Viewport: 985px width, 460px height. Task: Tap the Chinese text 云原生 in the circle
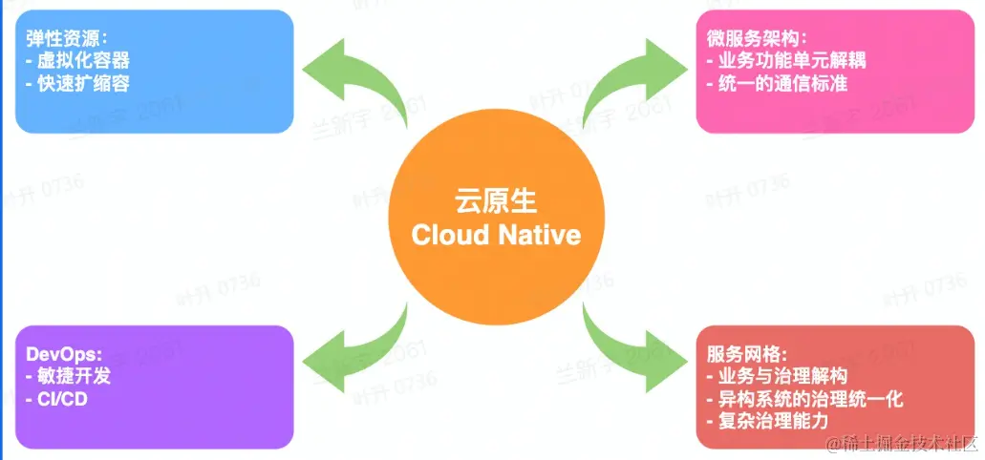(x=496, y=202)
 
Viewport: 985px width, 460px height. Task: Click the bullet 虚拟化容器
(x=77, y=61)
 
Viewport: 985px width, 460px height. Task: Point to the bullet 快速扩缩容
(x=77, y=83)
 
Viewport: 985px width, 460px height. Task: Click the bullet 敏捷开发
(x=68, y=376)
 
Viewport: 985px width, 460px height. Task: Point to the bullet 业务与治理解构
(x=775, y=376)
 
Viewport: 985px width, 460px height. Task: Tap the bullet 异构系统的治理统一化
(x=803, y=399)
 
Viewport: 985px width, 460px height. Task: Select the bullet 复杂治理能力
(x=765, y=421)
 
